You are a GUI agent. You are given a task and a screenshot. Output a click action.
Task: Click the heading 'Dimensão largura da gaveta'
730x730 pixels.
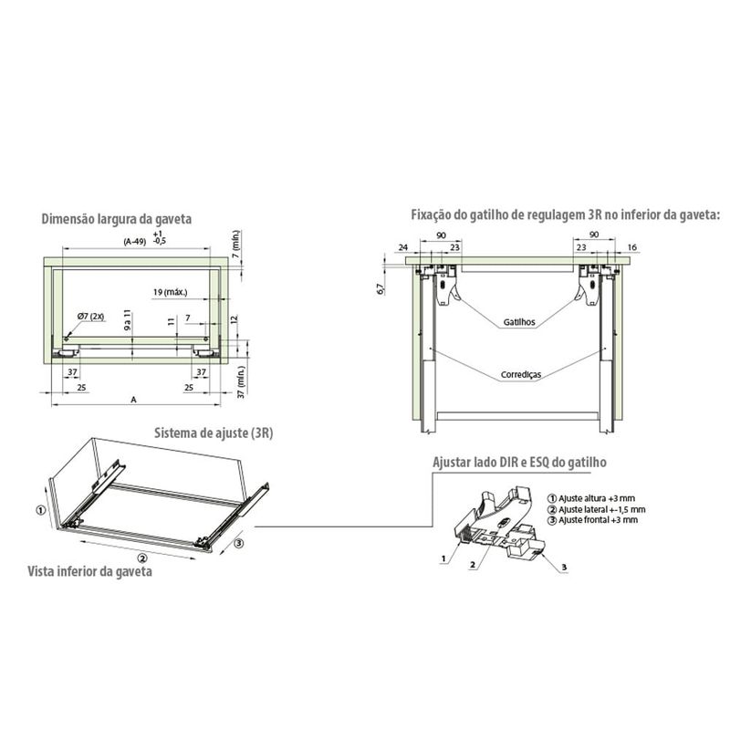(x=117, y=219)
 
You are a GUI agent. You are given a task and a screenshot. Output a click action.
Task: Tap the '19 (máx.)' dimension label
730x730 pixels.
(x=171, y=292)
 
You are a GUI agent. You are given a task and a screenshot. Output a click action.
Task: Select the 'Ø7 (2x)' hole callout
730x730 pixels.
(x=90, y=316)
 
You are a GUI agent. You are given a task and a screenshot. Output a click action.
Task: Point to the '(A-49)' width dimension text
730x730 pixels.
(x=134, y=242)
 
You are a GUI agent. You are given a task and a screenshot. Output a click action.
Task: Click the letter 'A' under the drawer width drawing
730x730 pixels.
(x=133, y=400)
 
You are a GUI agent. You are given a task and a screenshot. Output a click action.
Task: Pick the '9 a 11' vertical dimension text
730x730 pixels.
(x=129, y=319)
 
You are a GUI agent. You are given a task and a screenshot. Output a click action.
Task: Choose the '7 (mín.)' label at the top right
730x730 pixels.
(x=236, y=244)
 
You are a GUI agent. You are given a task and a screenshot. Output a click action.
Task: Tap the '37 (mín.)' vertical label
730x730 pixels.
(x=241, y=381)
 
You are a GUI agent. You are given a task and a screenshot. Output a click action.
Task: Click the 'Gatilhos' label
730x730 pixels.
(x=519, y=322)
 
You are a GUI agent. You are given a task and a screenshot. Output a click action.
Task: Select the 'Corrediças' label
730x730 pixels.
(x=521, y=374)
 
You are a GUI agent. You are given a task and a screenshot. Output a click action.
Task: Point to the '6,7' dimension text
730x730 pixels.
(x=381, y=288)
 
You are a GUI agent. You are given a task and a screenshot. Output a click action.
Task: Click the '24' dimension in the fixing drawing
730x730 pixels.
(x=402, y=247)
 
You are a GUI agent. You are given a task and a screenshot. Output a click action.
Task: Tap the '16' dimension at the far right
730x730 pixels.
(x=631, y=247)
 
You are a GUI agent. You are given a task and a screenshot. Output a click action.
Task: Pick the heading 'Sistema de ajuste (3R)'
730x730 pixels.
(x=214, y=433)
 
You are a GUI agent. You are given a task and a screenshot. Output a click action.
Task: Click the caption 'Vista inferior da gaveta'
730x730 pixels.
(x=89, y=571)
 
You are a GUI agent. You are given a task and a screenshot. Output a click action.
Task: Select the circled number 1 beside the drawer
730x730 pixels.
(x=41, y=510)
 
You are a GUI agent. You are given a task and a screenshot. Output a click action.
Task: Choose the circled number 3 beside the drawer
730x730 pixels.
(x=237, y=543)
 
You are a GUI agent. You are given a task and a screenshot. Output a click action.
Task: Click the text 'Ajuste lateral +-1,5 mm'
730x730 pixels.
(x=602, y=509)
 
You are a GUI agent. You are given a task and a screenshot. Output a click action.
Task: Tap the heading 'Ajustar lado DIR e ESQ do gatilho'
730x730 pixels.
(x=519, y=463)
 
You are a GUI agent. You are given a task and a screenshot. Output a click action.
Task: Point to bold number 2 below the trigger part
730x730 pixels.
(x=473, y=565)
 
